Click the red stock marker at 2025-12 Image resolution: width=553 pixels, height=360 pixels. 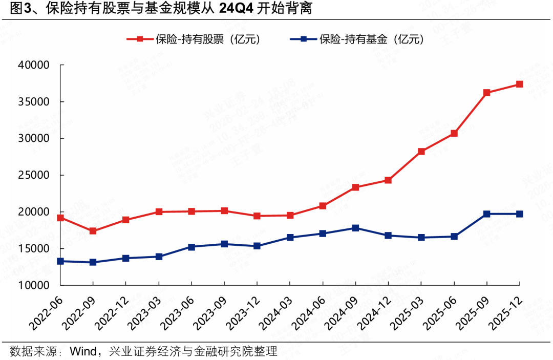(519, 84)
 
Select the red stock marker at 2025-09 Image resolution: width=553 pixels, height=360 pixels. (486, 93)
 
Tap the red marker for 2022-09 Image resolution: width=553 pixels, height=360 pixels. (93, 231)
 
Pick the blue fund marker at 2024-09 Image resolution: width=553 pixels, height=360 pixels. (355, 228)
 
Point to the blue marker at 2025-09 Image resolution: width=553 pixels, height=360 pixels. (486, 214)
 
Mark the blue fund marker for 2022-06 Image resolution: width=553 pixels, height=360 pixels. (60, 261)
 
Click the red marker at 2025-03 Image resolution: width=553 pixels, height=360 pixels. (421, 152)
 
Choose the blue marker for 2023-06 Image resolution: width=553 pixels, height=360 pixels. (192, 247)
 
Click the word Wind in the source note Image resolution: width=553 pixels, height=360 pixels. (83, 351)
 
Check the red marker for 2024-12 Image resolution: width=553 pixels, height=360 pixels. (388, 180)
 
